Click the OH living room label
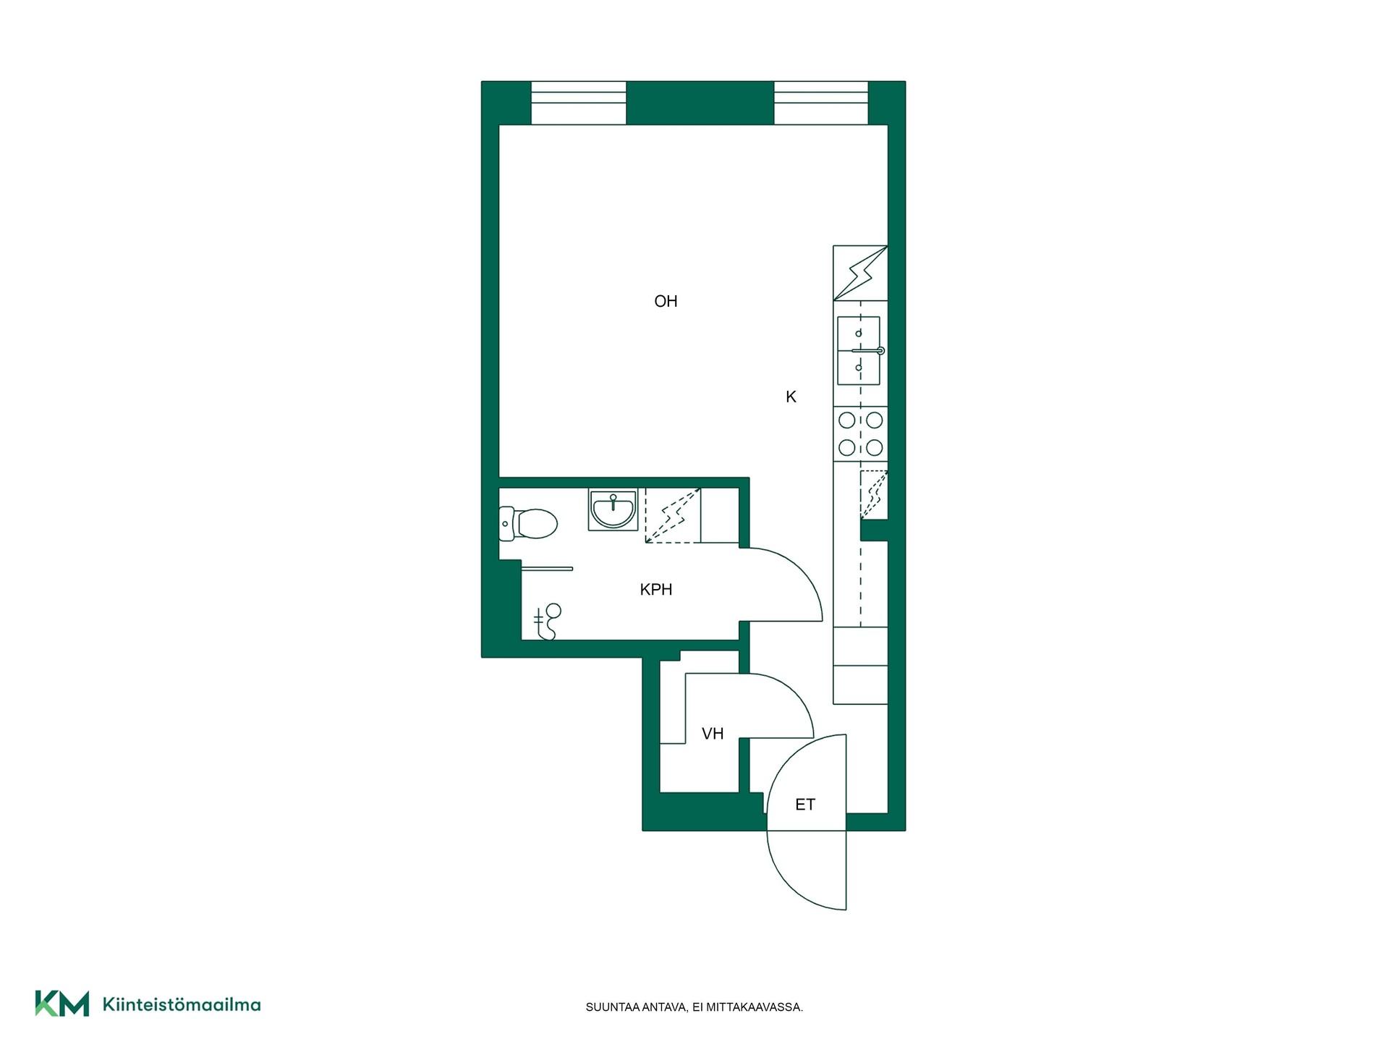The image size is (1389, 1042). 666,301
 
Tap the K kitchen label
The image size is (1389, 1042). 791,397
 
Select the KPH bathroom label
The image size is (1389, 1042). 656,590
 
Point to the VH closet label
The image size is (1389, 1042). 713,734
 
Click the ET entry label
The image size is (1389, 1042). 805,805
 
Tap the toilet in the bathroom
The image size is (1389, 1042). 528,524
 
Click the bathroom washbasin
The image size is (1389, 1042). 613,509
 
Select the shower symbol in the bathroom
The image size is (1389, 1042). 548,622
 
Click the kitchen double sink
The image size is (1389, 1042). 859,351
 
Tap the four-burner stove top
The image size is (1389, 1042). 860,433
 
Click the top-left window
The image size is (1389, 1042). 579,103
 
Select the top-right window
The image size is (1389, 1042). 821,103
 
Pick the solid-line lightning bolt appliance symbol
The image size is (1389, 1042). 860,273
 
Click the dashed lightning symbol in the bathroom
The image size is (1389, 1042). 673,516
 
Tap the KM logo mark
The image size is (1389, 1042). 62,1004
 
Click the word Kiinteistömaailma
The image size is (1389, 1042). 182,1004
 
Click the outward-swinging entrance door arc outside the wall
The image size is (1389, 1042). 789,885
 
